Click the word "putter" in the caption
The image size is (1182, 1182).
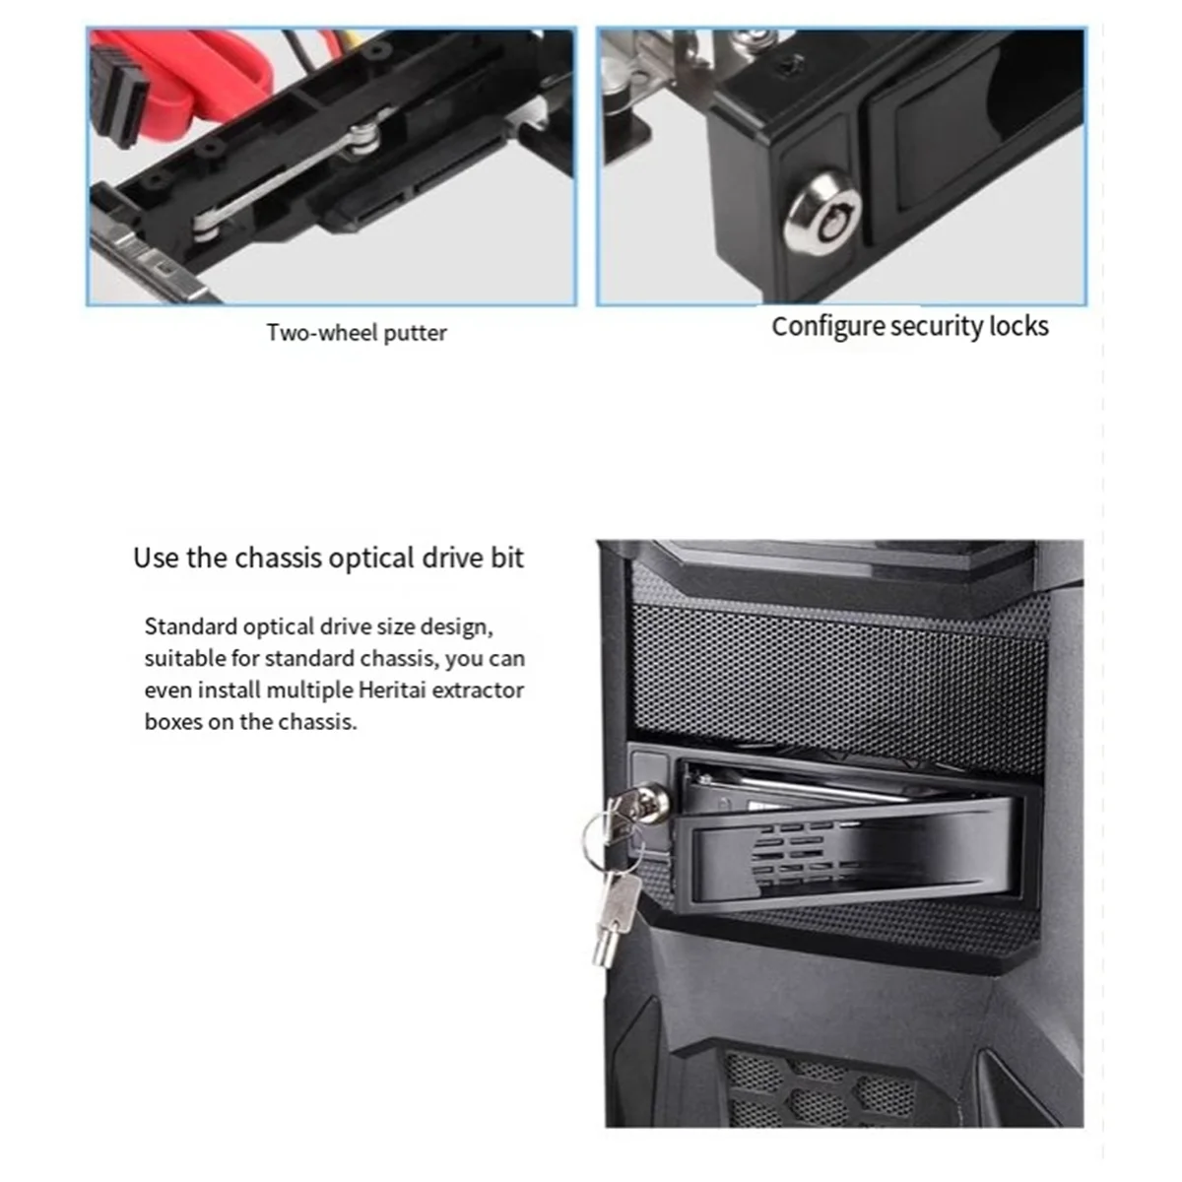pos(415,333)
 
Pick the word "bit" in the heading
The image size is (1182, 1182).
pos(507,558)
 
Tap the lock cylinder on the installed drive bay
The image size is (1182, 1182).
pos(650,794)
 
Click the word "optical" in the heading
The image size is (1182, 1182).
pos(371,558)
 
